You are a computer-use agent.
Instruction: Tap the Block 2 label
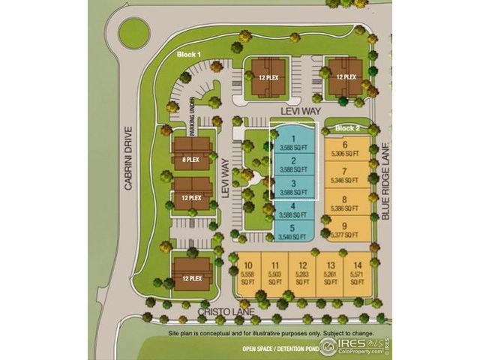[x=347, y=128]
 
